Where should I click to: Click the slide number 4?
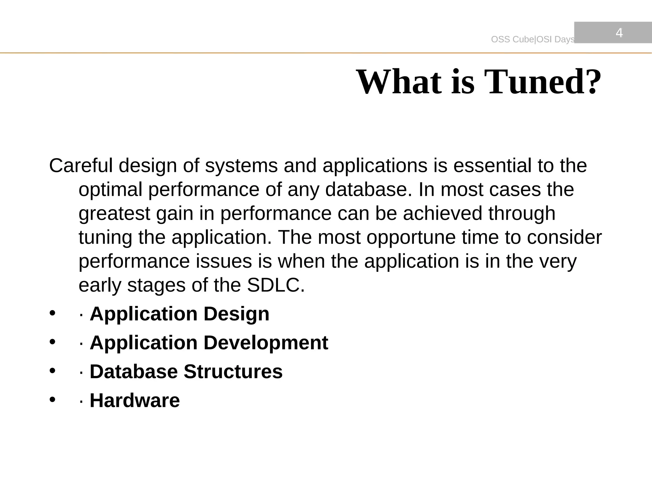(x=619, y=33)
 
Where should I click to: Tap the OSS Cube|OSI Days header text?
(x=533, y=39)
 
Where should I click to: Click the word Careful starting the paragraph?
(x=81, y=166)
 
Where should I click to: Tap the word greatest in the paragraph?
(x=114, y=214)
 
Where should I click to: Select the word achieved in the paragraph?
(x=443, y=213)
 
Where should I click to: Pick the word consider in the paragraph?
(x=564, y=237)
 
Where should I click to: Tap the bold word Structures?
(x=233, y=372)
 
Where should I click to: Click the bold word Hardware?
(x=135, y=400)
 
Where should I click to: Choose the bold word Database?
(x=134, y=372)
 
